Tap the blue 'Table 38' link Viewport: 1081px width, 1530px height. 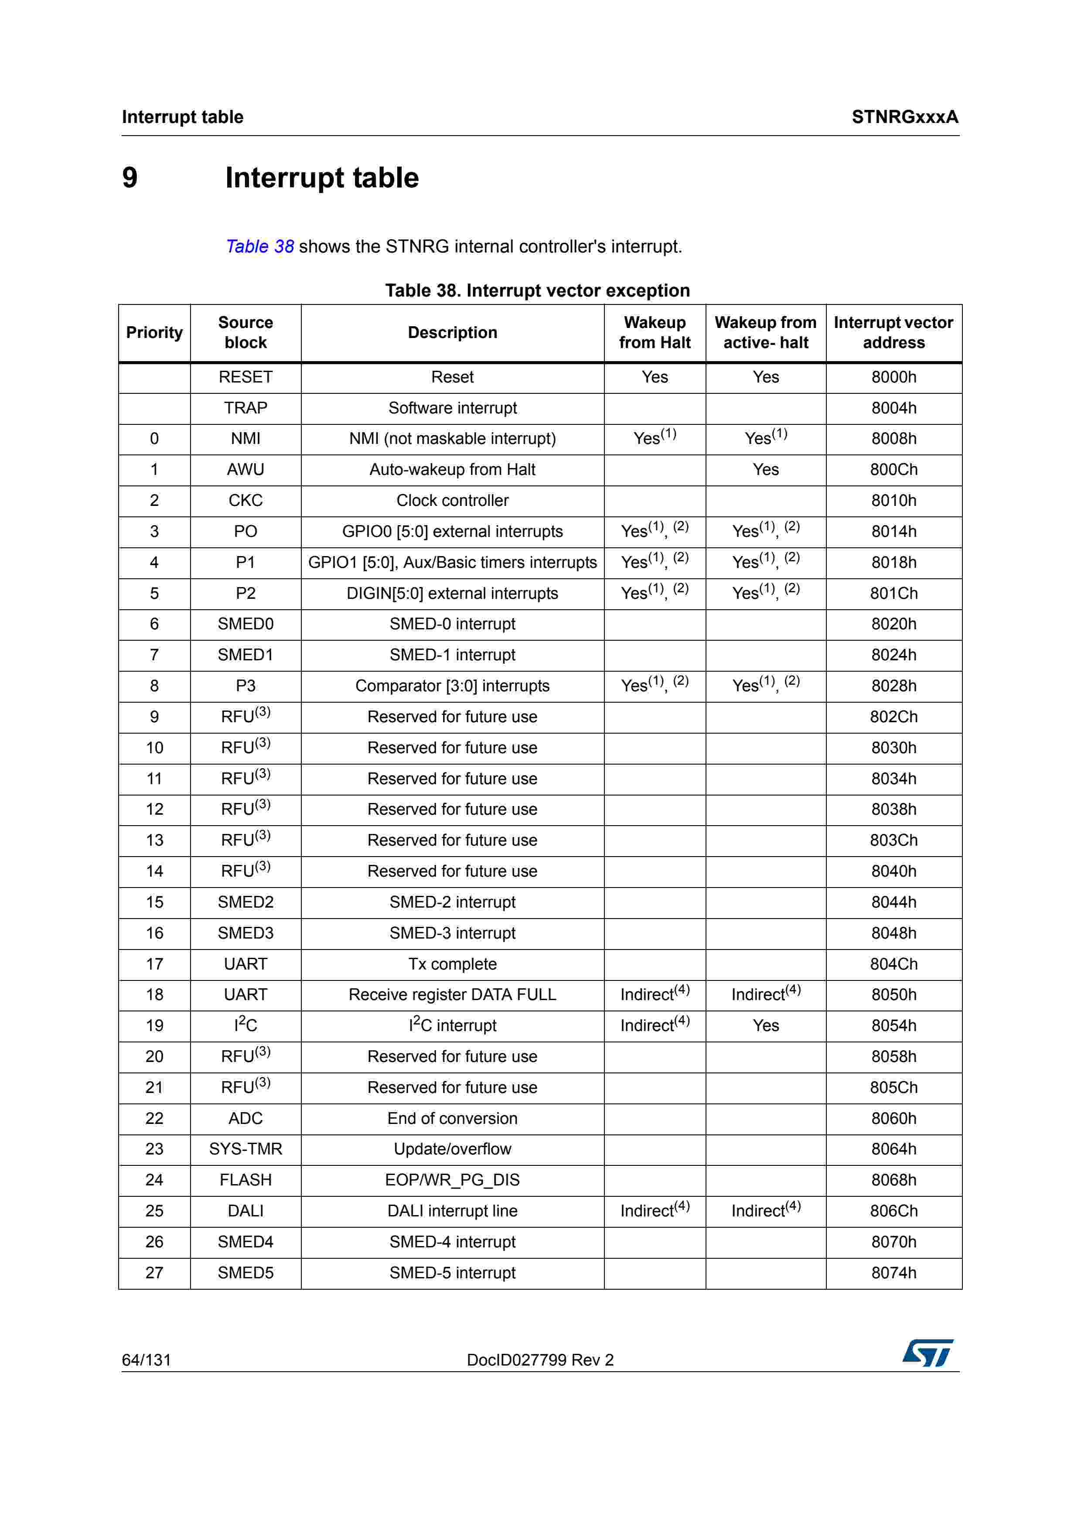(260, 246)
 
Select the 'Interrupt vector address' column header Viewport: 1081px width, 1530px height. (893, 332)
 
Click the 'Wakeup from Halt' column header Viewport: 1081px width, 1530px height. (654, 332)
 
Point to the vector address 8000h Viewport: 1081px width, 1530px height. (893, 377)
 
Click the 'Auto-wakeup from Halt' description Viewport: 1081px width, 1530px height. (452, 470)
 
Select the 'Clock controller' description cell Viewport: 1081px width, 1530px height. (452, 500)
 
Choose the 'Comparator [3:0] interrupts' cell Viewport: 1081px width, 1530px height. (452, 686)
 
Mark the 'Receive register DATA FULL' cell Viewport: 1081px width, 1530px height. (452, 994)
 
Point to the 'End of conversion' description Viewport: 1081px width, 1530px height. (452, 1118)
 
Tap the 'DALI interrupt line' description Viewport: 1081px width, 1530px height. (452, 1211)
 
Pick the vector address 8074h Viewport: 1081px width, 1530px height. (893, 1273)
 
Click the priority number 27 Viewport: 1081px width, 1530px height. (154, 1273)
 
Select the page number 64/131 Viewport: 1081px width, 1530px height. (147, 1360)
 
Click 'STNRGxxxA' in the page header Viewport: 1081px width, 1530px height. (904, 117)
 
